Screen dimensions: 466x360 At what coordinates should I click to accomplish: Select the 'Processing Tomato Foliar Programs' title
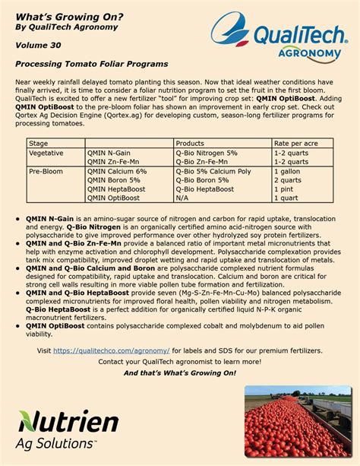91,64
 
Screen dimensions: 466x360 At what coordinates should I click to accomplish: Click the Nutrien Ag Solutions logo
68,430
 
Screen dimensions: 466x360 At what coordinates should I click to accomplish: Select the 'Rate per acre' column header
295,143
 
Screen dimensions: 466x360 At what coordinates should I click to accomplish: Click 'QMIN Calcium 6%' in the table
117,171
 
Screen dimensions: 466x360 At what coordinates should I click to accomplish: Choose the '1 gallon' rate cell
289,171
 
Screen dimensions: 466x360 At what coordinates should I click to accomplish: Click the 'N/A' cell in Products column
182,198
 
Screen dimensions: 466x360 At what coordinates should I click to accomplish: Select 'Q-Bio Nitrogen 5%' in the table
207,153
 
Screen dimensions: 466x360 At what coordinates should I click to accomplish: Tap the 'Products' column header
189,143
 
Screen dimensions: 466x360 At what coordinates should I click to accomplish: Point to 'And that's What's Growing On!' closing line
180,372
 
